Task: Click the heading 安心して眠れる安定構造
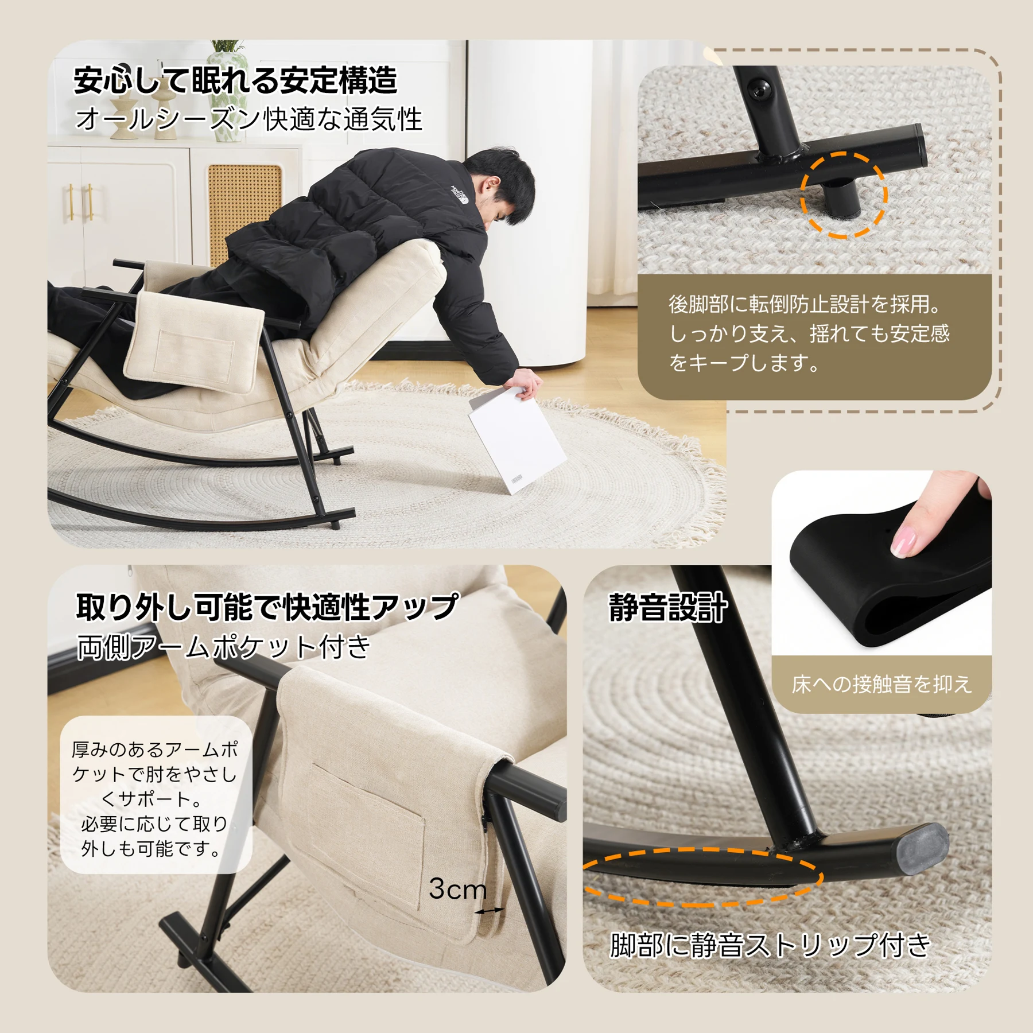[x=235, y=80]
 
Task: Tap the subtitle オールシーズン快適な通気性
[x=248, y=119]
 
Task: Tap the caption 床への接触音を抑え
[x=881, y=684]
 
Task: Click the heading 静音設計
[x=667, y=607]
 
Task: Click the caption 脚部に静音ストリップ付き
[x=770, y=945]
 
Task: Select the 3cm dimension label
[x=457, y=889]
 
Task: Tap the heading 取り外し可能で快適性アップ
[x=266, y=607]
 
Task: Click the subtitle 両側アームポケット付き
[x=224, y=647]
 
